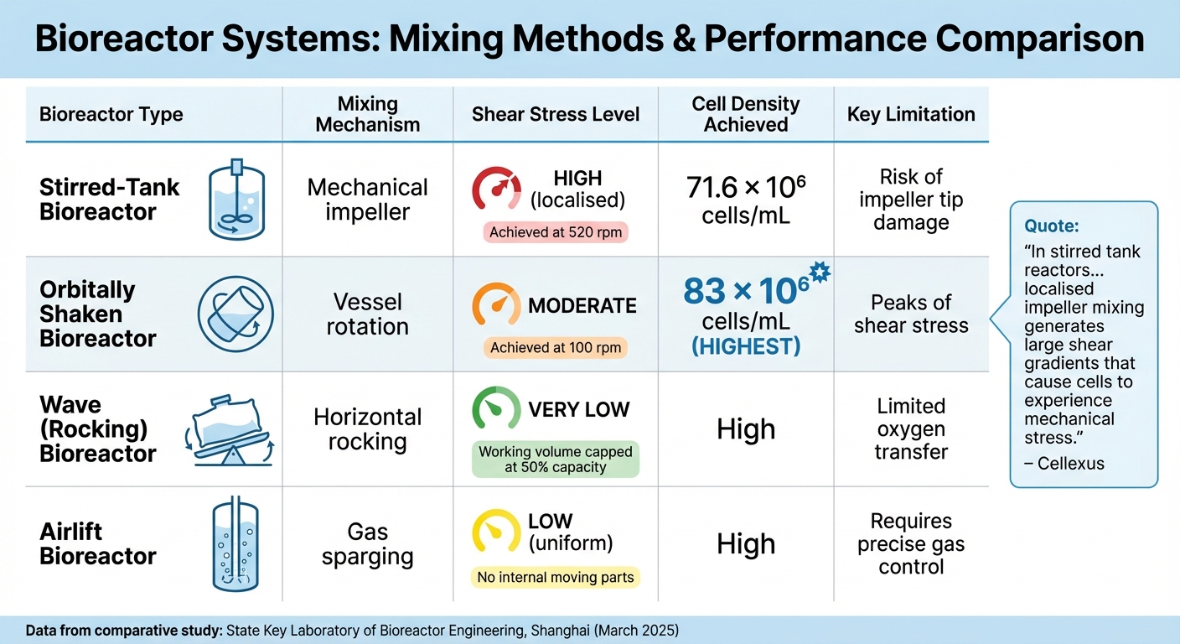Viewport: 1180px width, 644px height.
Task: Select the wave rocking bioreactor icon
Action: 230,429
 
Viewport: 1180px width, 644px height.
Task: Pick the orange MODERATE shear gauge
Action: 496,305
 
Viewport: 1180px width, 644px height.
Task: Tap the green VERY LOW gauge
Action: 496,409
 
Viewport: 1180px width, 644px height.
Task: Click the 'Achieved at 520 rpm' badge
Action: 556,232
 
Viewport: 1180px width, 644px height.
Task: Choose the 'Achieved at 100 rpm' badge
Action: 556,347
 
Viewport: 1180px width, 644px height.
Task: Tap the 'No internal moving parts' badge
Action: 556,577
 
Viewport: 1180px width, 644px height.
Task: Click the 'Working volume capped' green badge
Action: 556,459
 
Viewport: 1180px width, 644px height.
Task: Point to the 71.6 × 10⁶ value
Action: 746,189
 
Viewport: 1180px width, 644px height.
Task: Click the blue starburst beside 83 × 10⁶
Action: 819,272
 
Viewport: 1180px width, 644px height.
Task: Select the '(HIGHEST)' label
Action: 746,345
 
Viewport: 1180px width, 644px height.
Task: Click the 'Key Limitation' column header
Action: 911,114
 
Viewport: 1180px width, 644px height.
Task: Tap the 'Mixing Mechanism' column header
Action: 367,114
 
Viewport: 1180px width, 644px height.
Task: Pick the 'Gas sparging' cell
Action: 367,544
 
